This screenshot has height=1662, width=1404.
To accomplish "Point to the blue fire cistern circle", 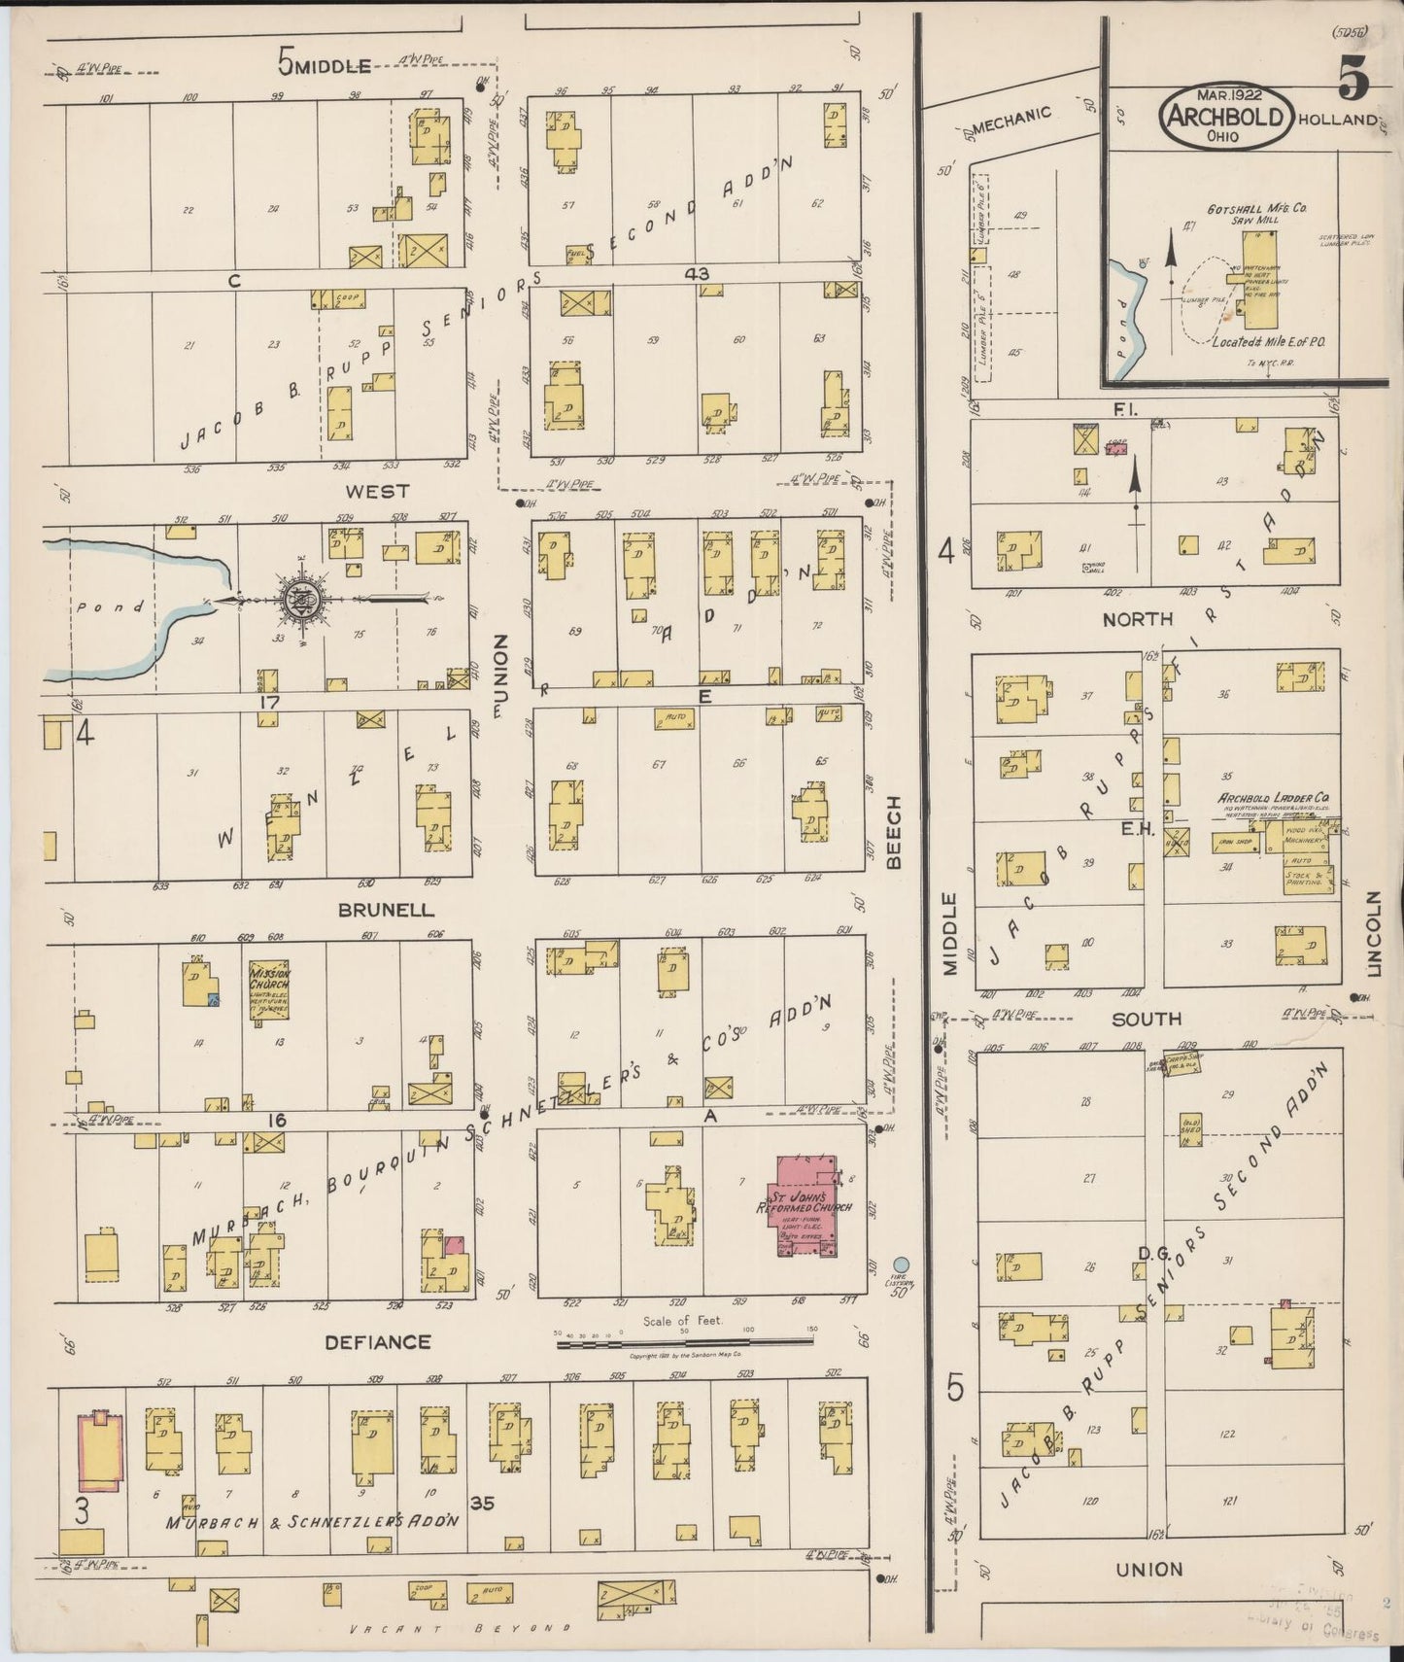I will [902, 1264].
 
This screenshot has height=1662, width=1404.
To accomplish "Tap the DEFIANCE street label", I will [378, 1342].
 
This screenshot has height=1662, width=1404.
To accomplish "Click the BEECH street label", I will [894, 831].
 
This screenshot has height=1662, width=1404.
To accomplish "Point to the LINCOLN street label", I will [1373, 934].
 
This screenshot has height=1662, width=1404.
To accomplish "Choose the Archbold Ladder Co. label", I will [1273, 799].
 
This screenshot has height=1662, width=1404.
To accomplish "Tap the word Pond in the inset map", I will [1125, 328].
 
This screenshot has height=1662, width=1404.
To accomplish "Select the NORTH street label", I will [1138, 618].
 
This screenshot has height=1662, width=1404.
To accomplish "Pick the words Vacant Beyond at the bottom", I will [457, 1628].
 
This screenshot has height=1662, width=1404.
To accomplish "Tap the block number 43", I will [696, 274].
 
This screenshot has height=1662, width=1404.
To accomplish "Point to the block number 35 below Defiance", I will [482, 1503].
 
